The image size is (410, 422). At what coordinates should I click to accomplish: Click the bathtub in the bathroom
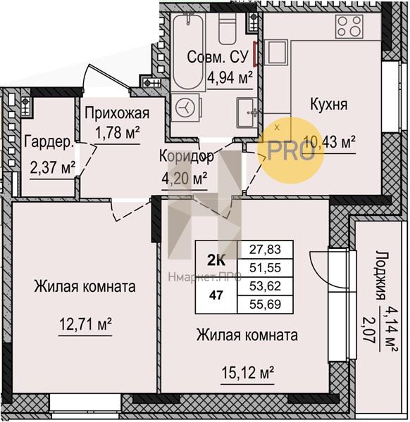(x=187, y=51)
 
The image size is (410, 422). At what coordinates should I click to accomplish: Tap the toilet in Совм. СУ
(x=228, y=28)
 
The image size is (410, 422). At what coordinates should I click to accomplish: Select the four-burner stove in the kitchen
(x=349, y=26)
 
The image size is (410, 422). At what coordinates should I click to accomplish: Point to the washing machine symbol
(x=185, y=108)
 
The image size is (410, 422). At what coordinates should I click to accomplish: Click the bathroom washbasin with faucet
(x=247, y=113)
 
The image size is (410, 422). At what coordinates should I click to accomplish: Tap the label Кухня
(x=329, y=104)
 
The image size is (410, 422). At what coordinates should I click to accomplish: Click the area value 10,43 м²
(x=330, y=141)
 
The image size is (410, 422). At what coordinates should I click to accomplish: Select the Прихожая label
(x=117, y=114)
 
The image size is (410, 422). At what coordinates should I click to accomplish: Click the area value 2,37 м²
(x=53, y=167)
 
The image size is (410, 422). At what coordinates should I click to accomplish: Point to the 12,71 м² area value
(x=85, y=324)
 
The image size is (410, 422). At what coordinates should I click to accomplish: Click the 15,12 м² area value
(x=247, y=373)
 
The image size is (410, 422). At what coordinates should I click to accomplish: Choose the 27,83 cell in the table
(x=266, y=250)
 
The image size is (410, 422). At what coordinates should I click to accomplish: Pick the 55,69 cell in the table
(x=266, y=305)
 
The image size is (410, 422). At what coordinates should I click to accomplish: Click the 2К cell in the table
(x=216, y=260)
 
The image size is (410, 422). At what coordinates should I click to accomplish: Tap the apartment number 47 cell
(x=216, y=295)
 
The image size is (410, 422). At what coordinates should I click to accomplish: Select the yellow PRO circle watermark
(x=290, y=151)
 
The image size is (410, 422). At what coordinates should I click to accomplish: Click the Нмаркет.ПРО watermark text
(x=205, y=276)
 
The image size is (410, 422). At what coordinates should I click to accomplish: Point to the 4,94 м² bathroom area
(x=230, y=78)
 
